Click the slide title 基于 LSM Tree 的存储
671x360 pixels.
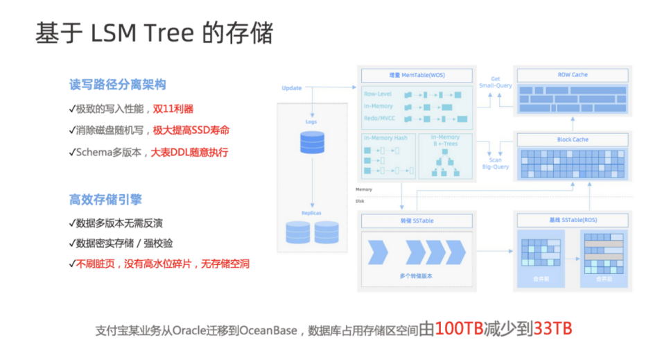pos(154,33)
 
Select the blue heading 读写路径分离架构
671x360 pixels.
pos(117,85)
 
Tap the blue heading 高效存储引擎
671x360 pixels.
pos(105,200)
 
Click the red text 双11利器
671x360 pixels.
pos(173,108)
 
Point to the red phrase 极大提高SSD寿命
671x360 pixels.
pos(191,130)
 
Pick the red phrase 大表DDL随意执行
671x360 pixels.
pos(190,152)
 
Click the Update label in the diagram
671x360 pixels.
pos(292,88)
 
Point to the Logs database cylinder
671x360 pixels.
pos(311,142)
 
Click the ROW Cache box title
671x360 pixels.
pos(572,75)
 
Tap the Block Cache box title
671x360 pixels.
pos(572,139)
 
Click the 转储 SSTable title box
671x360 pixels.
pos(415,221)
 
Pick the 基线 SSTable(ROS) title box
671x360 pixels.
pos(572,221)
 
